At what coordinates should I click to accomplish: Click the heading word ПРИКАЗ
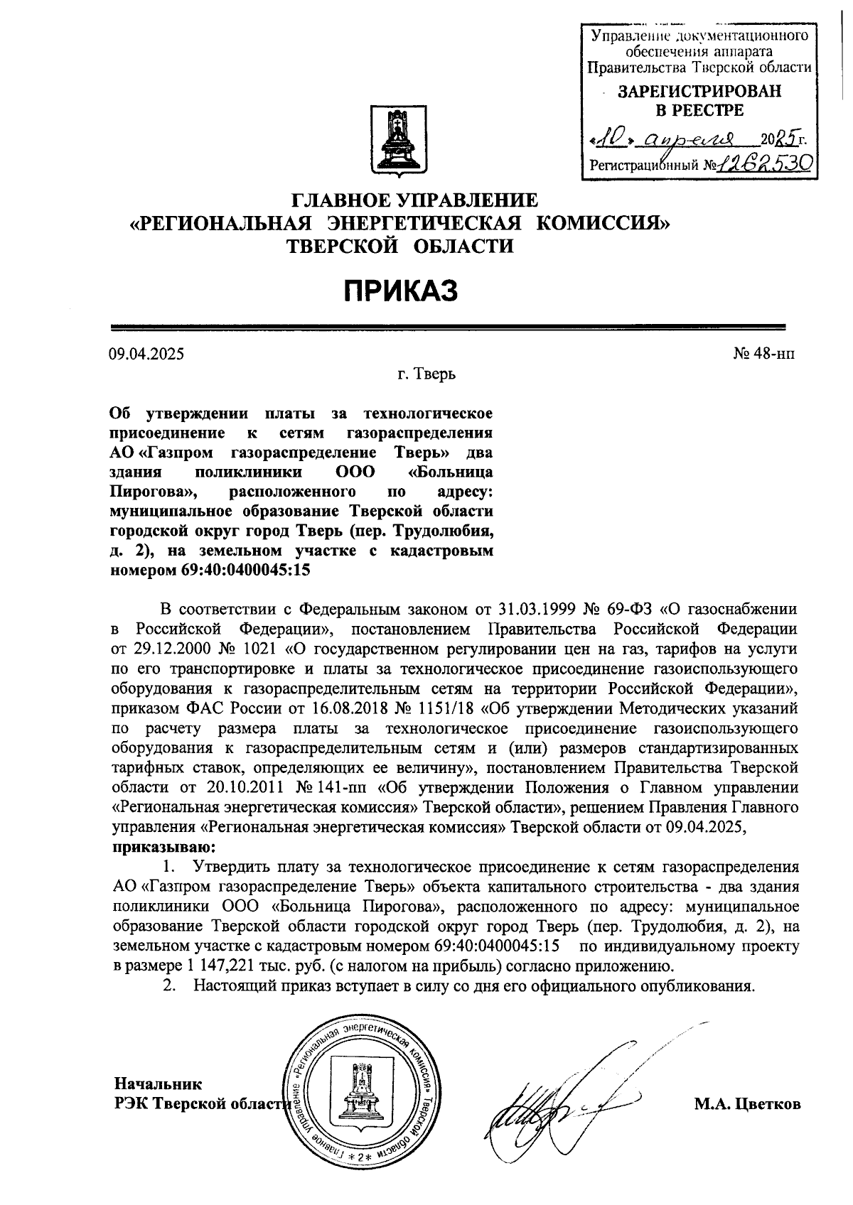[400, 291]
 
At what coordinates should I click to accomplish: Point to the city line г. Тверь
[426, 374]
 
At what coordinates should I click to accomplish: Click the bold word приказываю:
[163, 847]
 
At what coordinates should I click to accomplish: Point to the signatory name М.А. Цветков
[748, 1104]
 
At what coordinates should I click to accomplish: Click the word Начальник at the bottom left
[158, 1084]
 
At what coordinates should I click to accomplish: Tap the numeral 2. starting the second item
[169, 986]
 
